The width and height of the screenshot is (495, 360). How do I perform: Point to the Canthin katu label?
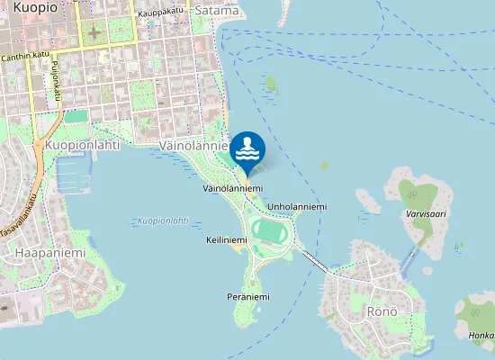pyautogui.click(x=25, y=56)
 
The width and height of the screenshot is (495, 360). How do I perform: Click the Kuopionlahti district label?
pyautogui.click(x=82, y=144)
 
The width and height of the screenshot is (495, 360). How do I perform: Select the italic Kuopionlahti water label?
pyautogui.click(x=163, y=220)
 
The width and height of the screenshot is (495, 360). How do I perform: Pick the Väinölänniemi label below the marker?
pyautogui.click(x=226, y=188)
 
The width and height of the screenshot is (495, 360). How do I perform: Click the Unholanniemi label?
pyautogui.click(x=297, y=206)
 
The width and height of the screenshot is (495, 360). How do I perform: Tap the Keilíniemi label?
pyautogui.click(x=226, y=241)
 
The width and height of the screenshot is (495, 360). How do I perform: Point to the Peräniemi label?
pyautogui.click(x=248, y=296)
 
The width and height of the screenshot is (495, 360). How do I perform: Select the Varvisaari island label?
pyautogui.click(x=427, y=215)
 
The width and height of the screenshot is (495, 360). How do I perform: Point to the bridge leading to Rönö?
pyautogui.click(x=314, y=260)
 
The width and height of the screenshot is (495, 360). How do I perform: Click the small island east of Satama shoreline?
pyautogui.click(x=271, y=84)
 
